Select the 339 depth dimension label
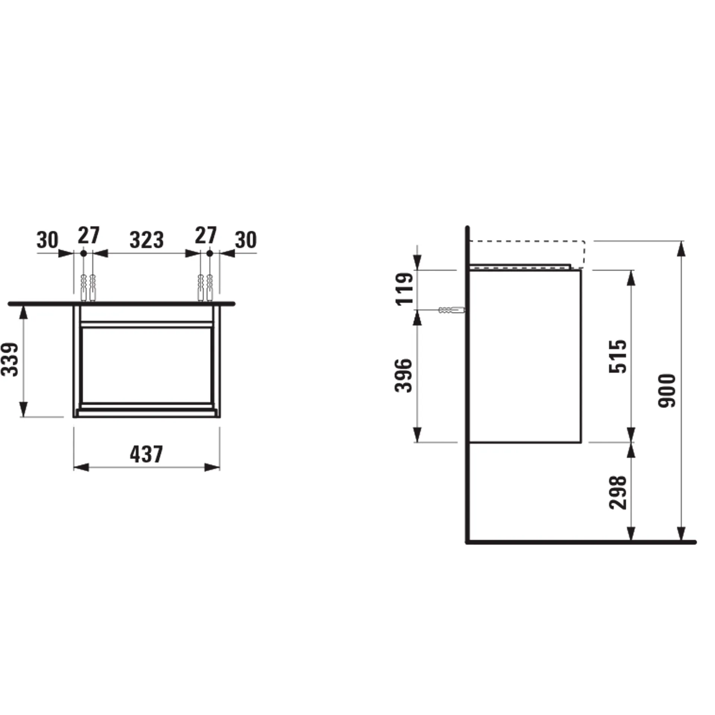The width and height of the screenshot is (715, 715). tap(10, 359)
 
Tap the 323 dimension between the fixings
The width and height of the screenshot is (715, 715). tap(146, 240)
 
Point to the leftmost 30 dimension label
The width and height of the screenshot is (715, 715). tap(47, 240)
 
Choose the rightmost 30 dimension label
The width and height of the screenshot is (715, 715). tap(246, 240)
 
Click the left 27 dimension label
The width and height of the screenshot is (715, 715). tap(89, 235)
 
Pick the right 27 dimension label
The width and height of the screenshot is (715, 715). tap(206, 235)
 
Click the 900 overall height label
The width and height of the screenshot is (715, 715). tap(667, 391)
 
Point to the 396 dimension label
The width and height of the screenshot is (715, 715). tap(404, 375)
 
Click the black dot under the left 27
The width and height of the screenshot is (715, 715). tap(84, 253)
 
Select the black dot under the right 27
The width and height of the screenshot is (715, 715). tap(210, 253)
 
